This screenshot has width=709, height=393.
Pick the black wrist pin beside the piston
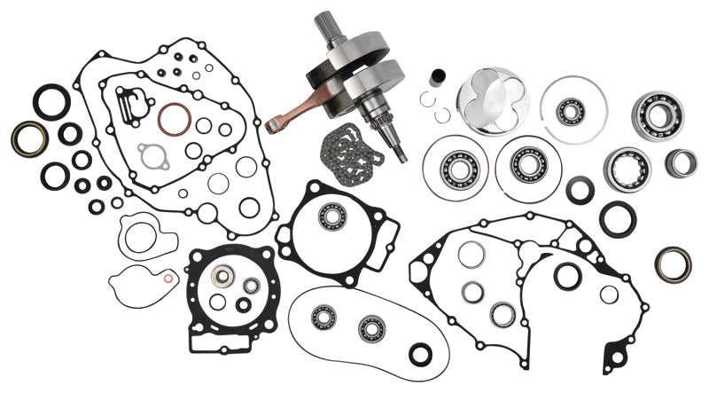coord(436,80)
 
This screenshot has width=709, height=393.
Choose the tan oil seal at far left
coord(29,138)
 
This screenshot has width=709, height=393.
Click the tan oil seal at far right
coord(674,263)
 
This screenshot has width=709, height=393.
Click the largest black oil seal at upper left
coord(51,101)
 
